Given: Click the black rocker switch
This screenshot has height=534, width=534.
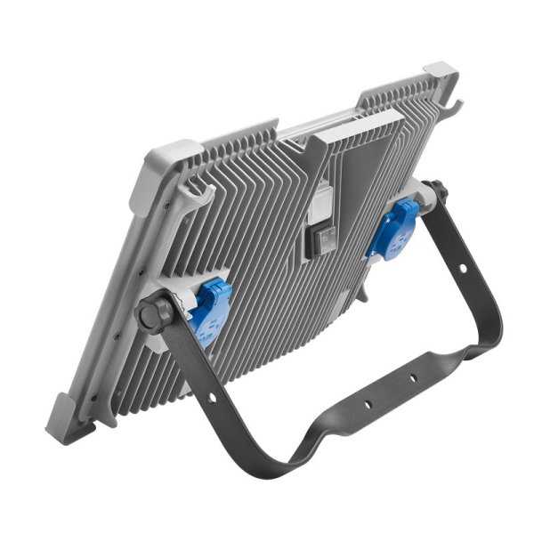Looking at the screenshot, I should (x=316, y=241).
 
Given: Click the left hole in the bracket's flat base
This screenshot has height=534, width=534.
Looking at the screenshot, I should (x=367, y=406).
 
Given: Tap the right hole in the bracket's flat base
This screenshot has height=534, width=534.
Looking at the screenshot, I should (x=413, y=379).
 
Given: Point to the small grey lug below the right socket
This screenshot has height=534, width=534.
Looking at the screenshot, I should (x=368, y=294).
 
